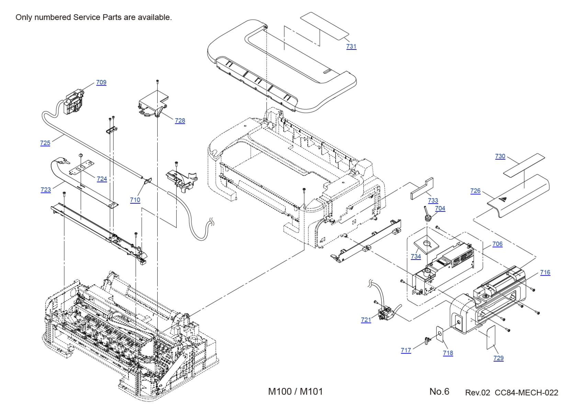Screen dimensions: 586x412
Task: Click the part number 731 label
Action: [351, 46]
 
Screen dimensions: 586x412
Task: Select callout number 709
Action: [101, 82]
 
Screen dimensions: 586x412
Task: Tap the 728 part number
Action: [180, 121]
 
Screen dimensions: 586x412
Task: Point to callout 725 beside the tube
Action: [45, 143]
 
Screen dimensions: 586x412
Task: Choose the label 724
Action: [102, 179]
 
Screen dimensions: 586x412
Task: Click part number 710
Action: [135, 200]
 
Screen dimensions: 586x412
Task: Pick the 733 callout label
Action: [433, 201]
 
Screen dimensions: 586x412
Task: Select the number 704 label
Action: [440, 208]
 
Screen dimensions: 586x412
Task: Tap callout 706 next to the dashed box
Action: [497, 244]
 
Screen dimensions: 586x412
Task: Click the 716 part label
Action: [545, 272]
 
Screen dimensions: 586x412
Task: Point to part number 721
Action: [366, 320]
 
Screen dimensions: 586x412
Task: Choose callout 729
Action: [498, 358]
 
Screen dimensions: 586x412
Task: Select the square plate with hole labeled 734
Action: [426, 244]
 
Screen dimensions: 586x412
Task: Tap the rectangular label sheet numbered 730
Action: [524, 165]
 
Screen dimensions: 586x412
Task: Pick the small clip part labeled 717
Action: [427, 341]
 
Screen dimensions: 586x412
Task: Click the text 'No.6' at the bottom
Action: [439, 391]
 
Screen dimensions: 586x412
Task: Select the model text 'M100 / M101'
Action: [295, 391]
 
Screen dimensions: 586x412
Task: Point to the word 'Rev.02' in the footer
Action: [477, 393]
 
